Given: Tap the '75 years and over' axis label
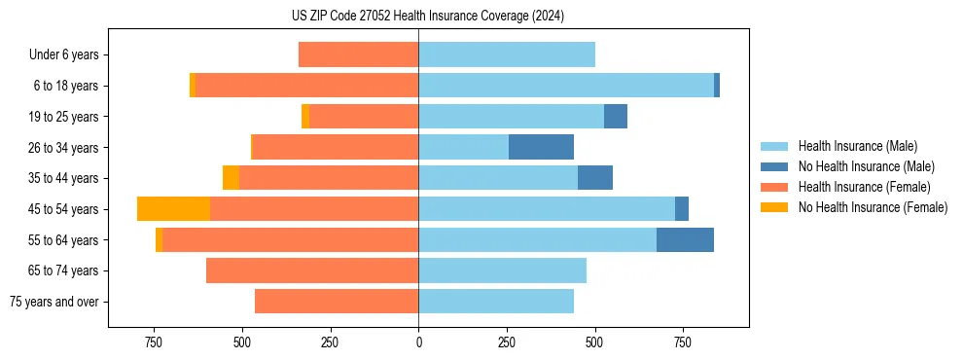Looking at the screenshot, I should (x=54, y=302).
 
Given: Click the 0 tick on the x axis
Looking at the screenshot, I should (x=418, y=342).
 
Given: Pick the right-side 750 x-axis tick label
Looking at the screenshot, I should (x=682, y=342).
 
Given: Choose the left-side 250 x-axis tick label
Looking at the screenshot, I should (x=330, y=342).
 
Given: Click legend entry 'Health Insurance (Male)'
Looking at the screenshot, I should (x=857, y=146).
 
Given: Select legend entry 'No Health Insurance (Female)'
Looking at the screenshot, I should (x=873, y=207).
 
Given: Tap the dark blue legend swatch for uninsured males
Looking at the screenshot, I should (x=775, y=166).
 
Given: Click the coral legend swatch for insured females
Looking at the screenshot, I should (x=775, y=187).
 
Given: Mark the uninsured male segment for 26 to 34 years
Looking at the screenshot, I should (x=541, y=147).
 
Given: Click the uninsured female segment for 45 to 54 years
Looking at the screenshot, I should (x=173, y=209).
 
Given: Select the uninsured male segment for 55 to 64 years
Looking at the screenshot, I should (x=685, y=239).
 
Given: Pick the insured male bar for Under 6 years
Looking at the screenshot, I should (x=507, y=54).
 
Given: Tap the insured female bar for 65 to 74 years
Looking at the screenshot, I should (x=312, y=270).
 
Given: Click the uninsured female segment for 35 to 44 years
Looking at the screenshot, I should (x=231, y=178).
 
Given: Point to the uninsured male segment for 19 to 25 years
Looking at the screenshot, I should (x=616, y=117).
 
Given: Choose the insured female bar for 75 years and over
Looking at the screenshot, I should (x=337, y=302).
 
